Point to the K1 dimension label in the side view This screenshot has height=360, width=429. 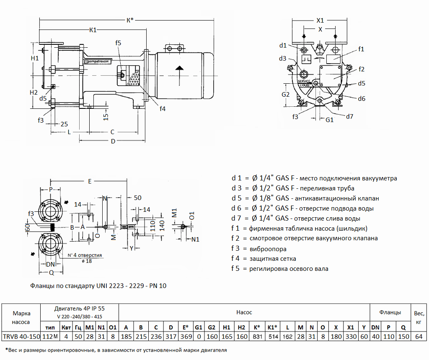pyautogui.click(x=93, y=30)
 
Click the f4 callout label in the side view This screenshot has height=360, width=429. pyautogui.click(x=163, y=109)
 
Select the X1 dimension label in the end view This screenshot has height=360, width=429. pyautogui.click(x=320, y=20)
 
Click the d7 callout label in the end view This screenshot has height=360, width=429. pyautogui.click(x=349, y=116)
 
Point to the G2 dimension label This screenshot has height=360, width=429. pyautogui.click(x=285, y=94)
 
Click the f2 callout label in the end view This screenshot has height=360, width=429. pyautogui.click(x=362, y=69)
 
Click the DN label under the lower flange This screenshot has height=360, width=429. pyautogui.click(x=51, y=264)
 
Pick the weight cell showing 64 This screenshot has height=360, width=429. pyautogui.click(x=418, y=336)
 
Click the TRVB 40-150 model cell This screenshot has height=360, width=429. pyautogui.click(x=21, y=336)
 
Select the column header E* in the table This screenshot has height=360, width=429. pyautogui.click(x=183, y=327)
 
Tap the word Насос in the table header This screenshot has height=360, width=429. pyautogui.click(x=244, y=312)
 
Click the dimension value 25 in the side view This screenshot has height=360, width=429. pyautogui.click(x=64, y=123)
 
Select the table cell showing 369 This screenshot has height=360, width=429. pyautogui.click(x=183, y=336)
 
